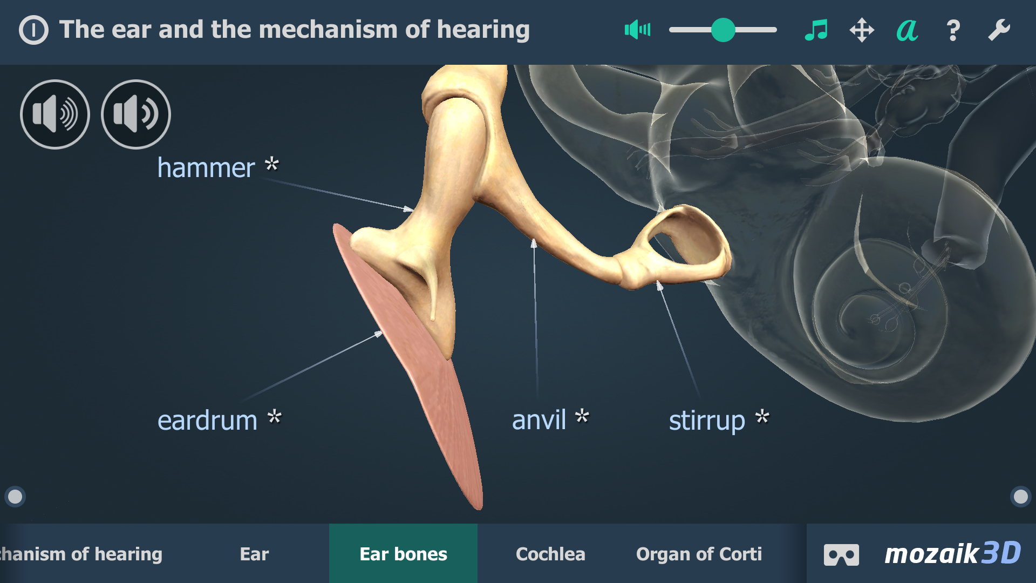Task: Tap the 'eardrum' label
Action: (x=207, y=421)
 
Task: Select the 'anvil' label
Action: (x=539, y=420)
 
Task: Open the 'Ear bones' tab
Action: (x=403, y=553)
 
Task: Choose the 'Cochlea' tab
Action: (x=550, y=554)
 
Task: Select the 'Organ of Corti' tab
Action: (x=699, y=554)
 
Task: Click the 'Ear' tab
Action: (x=254, y=554)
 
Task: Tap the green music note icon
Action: (x=816, y=30)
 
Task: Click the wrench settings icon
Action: (x=999, y=30)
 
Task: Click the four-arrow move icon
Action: (x=862, y=30)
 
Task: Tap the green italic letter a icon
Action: (x=907, y=30)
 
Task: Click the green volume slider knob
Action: (x=723, y=30)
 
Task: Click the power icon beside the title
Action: (x=33, y=30)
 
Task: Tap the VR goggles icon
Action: (x=841, y=555)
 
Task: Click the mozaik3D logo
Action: (x=953, y=553)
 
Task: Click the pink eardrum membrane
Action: (x=432, y=389)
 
